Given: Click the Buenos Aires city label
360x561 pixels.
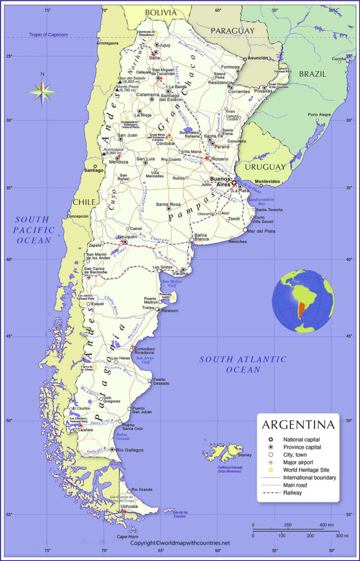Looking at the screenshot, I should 221,181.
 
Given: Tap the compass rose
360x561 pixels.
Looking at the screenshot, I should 42,90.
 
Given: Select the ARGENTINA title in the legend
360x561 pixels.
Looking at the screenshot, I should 298,425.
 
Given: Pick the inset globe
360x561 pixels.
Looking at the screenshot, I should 302,301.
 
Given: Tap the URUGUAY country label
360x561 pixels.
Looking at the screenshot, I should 265,166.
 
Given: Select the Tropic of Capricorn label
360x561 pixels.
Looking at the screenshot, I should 50,35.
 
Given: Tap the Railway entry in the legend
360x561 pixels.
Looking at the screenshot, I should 293,493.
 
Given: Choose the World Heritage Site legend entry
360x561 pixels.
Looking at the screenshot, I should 305,470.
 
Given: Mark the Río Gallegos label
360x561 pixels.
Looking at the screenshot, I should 130,450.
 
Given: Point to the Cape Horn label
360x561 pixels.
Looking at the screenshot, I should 127,536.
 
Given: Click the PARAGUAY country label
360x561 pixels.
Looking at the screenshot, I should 233,31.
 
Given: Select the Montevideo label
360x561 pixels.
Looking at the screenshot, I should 267,181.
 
